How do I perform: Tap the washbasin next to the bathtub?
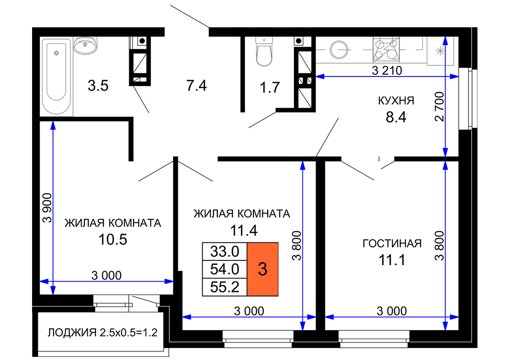[x=85, y=45]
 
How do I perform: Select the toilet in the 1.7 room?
[x=264, y=51]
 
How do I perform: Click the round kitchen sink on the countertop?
[x=339, y=49]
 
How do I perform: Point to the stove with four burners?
[x=386, y=49]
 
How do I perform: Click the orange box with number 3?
[x=263, y=269]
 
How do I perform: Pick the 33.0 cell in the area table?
[x=225, y=251]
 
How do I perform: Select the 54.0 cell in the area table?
[x=225, y=269]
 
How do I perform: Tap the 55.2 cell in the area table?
[x=225, y=287]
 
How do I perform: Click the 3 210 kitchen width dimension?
[x=387, y=70]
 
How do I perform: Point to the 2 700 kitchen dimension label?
[x=440, y=106]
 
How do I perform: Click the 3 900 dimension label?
[x=47, y=208]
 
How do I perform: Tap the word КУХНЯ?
[x=396, y=101]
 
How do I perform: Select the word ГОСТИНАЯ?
[x=392, y=243]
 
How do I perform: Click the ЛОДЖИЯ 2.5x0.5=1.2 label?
[x=102, y=332]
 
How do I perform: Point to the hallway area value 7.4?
[x=196, y=85]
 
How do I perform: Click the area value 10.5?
[x=113, y=239]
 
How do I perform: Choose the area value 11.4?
[x=244, y=231]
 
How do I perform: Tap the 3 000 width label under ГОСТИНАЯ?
[x=392, y=311]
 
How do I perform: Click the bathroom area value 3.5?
[x=98, y=85]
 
